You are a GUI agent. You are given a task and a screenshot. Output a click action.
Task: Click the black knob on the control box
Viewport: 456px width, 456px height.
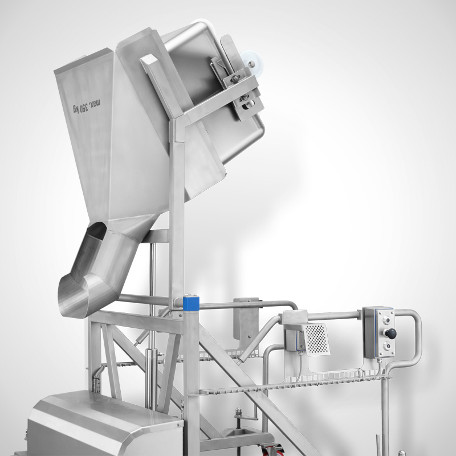[390, 333]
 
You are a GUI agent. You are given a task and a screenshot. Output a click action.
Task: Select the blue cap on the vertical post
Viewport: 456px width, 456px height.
[191, 303]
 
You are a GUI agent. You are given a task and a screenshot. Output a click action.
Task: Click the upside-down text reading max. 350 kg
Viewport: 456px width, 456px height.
[87, 106]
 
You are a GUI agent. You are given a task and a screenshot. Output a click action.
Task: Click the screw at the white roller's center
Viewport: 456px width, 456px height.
[251, 64]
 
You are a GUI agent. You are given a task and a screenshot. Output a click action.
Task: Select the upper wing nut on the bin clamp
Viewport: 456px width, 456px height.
[235, 78]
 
